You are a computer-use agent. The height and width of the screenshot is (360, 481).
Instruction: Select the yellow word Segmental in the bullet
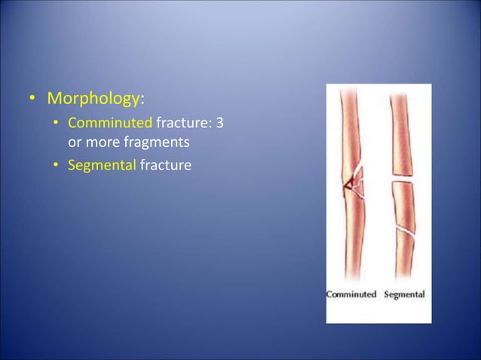click(x=101, y=163)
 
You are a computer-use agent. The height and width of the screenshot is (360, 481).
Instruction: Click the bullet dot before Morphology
click(x=34, y=100)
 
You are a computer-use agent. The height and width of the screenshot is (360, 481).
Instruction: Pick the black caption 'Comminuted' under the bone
click(x=351, y=294)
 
